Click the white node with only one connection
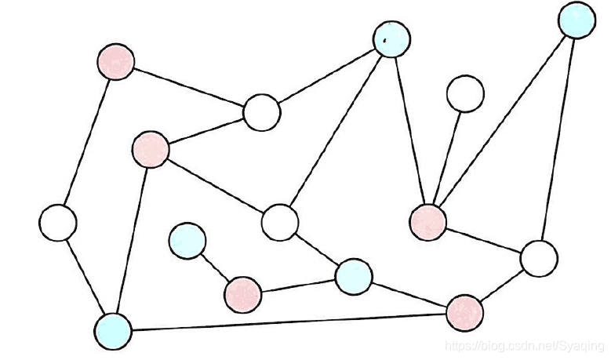click(465, 93)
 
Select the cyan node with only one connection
click(187, 240)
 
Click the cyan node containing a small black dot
click(391, 38)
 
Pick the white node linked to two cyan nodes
click(279, 221)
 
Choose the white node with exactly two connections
click(57, 223)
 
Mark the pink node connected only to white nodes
click(115, 61)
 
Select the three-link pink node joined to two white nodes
click(150, 148)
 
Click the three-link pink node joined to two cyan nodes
click(464, 312)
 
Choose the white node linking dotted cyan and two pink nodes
click(261, 113)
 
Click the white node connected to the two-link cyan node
click(538, 257)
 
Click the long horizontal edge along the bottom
click(289, 322)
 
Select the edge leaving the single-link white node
click(447, 156)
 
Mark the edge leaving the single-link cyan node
click(214, 267)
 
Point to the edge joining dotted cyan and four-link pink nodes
click(409, 129)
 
